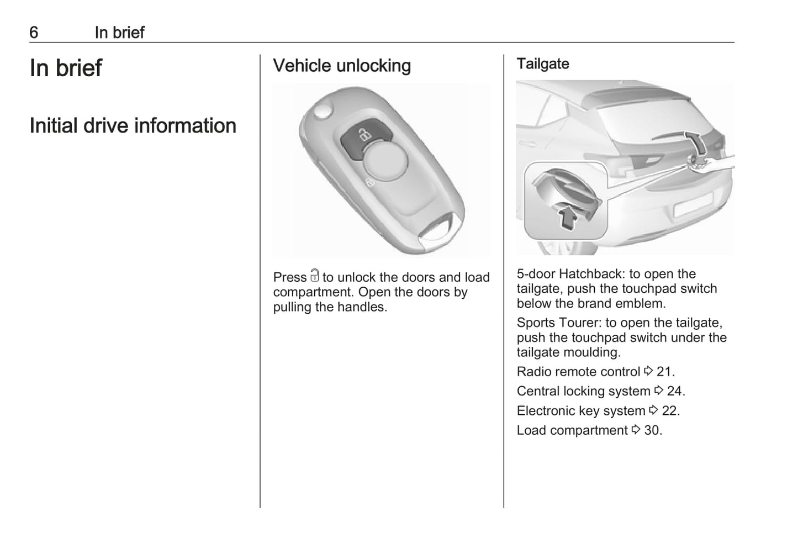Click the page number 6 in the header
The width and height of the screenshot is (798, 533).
[34, 33]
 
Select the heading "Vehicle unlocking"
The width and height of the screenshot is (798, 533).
[342, 66]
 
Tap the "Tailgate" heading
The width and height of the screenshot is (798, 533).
[543, 64]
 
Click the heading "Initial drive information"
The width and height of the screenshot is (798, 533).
[133, 125]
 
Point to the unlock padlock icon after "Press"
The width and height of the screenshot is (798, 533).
[314, 275]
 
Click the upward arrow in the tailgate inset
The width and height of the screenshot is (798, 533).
[567, 217]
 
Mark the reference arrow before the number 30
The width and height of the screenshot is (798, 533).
[636, 429]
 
